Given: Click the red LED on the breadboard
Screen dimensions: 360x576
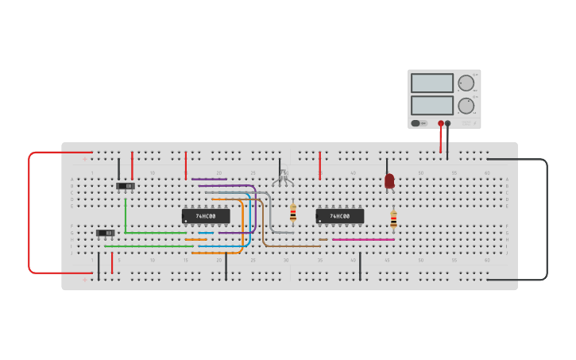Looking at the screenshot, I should (x=389, y=181).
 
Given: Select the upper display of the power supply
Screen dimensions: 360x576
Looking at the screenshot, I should (x=432, y=83).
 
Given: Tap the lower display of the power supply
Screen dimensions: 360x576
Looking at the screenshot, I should (x=432, y=105).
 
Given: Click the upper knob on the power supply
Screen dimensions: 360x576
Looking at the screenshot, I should (x=466, y=83).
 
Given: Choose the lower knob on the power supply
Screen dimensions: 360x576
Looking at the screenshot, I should (x=466, y=105).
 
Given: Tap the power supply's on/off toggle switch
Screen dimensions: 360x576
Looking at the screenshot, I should (x=416, y=123).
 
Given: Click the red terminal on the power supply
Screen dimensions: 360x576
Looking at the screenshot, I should (x=441, y=123).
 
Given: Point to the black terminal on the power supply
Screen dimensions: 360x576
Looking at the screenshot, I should (x=448, y=123).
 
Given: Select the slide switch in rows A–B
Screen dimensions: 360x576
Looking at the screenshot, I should (x=126, y=186).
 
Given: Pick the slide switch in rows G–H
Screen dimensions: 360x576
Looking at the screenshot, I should (x=105, y=233).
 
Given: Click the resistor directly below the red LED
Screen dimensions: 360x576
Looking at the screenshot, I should (x=393, y=219).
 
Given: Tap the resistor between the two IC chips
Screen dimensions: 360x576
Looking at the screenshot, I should (x=293, y=212).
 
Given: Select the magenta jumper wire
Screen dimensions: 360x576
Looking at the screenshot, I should (x=363, y=239).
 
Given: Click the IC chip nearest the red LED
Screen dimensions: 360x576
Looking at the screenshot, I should (x=340, y=216).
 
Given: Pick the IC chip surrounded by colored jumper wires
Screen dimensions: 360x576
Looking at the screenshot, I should (x=207, y=216).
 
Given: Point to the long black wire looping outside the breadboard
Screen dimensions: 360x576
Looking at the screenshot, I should (x=547, y=219).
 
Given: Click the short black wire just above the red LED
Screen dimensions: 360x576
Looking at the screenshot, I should (x=387, y=165).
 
